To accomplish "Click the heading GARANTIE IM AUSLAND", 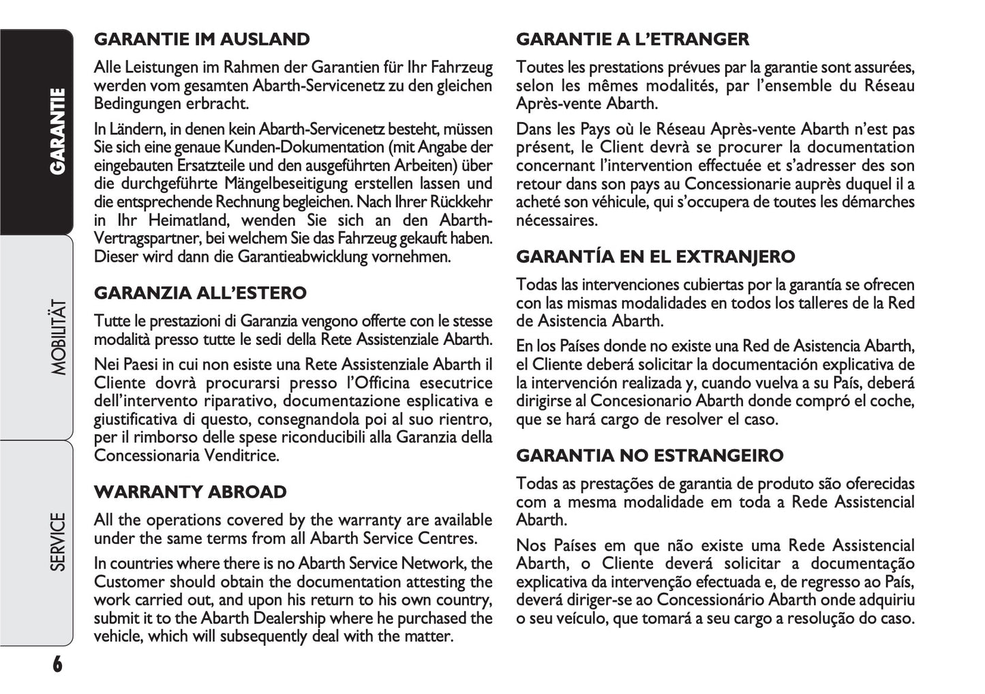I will [202, 40].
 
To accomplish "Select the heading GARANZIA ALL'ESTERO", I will [200, 293].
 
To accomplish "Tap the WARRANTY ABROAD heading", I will [190, 492].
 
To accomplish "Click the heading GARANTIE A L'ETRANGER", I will [633, 40].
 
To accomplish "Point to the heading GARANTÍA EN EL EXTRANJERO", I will [656, 257].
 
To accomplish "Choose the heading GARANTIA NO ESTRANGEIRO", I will [650, 455].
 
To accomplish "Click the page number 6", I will [57, 663].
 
